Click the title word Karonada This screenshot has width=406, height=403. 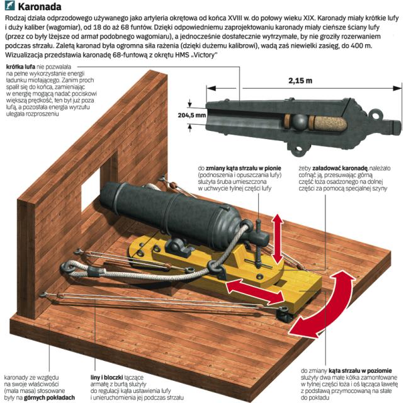coord(40,7)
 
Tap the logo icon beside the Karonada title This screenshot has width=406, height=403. coord(10,6)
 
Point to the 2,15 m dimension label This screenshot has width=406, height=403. coord(300,81)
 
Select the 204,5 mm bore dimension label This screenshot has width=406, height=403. coord(192,115)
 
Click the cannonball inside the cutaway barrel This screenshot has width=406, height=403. coord(300,121)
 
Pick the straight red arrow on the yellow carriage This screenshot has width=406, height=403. coord(255,292)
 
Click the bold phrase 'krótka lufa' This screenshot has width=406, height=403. coord(21,67)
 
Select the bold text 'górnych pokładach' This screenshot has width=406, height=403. coord(50,397)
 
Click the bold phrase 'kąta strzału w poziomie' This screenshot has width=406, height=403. coord(361,371)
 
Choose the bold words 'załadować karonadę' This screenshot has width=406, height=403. coord(341,168)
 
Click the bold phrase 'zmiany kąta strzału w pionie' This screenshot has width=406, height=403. coord(244,168)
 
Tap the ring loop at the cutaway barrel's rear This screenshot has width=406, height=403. coord(376,114)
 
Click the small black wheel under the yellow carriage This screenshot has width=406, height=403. coord(283,316)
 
